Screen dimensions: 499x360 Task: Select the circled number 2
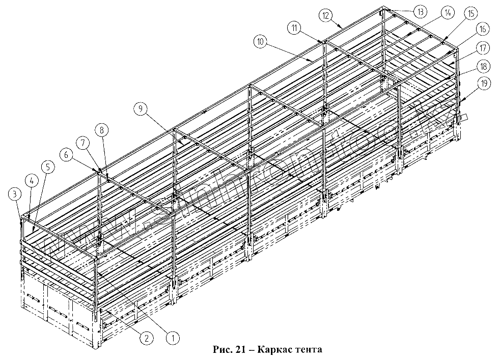146,336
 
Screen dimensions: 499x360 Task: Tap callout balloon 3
15,193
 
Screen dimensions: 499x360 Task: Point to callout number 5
46,167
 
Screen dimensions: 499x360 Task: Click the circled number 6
65,153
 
